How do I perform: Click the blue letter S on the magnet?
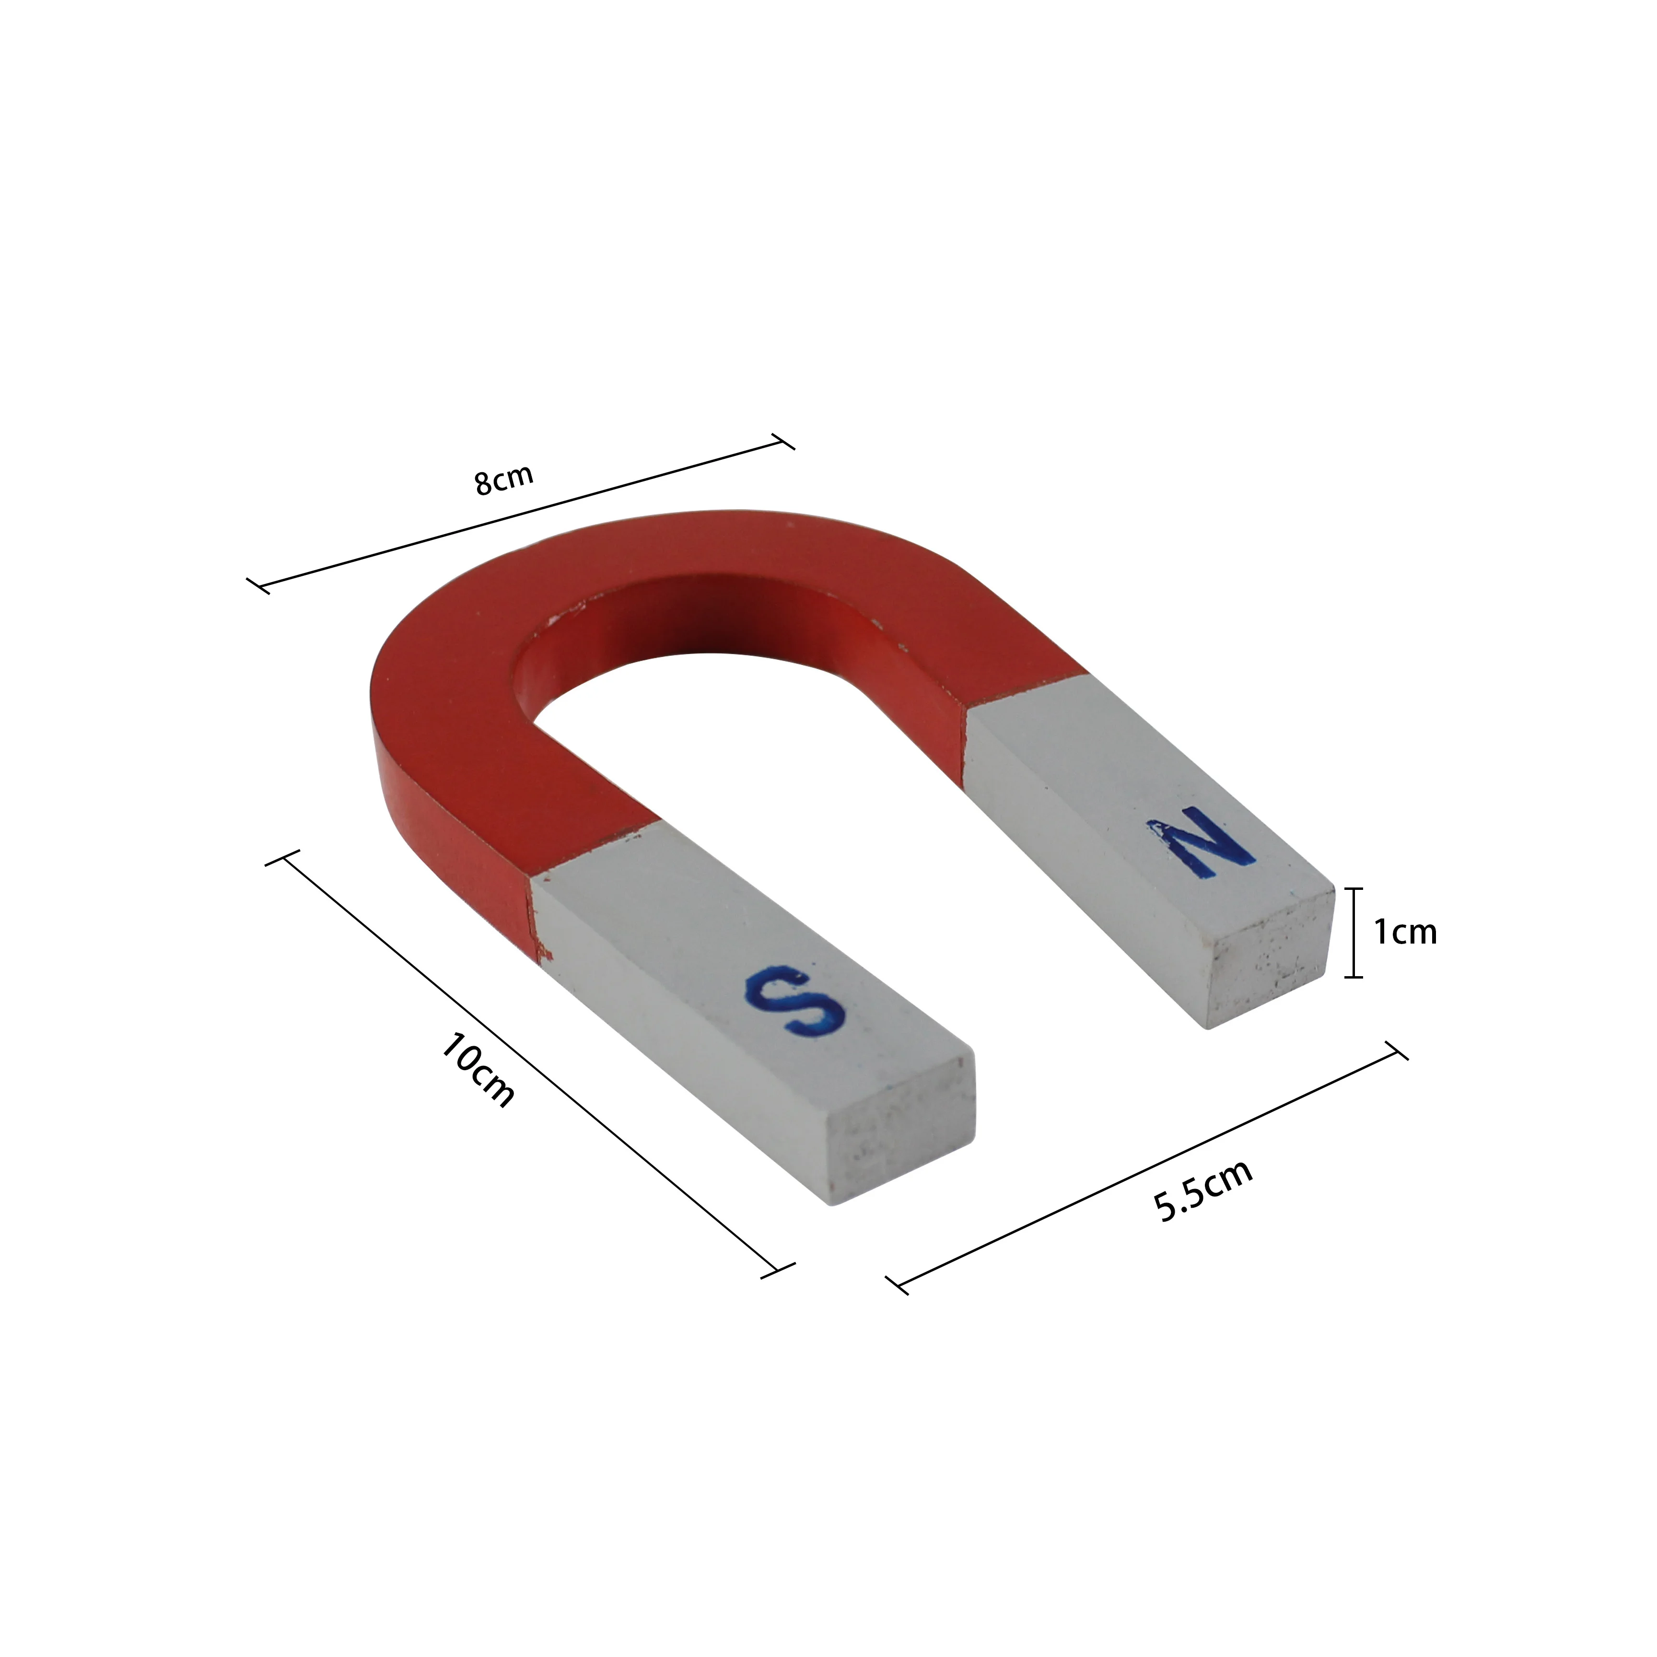click(x=795, y=1001)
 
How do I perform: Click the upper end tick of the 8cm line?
click(x=783, y=441)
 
